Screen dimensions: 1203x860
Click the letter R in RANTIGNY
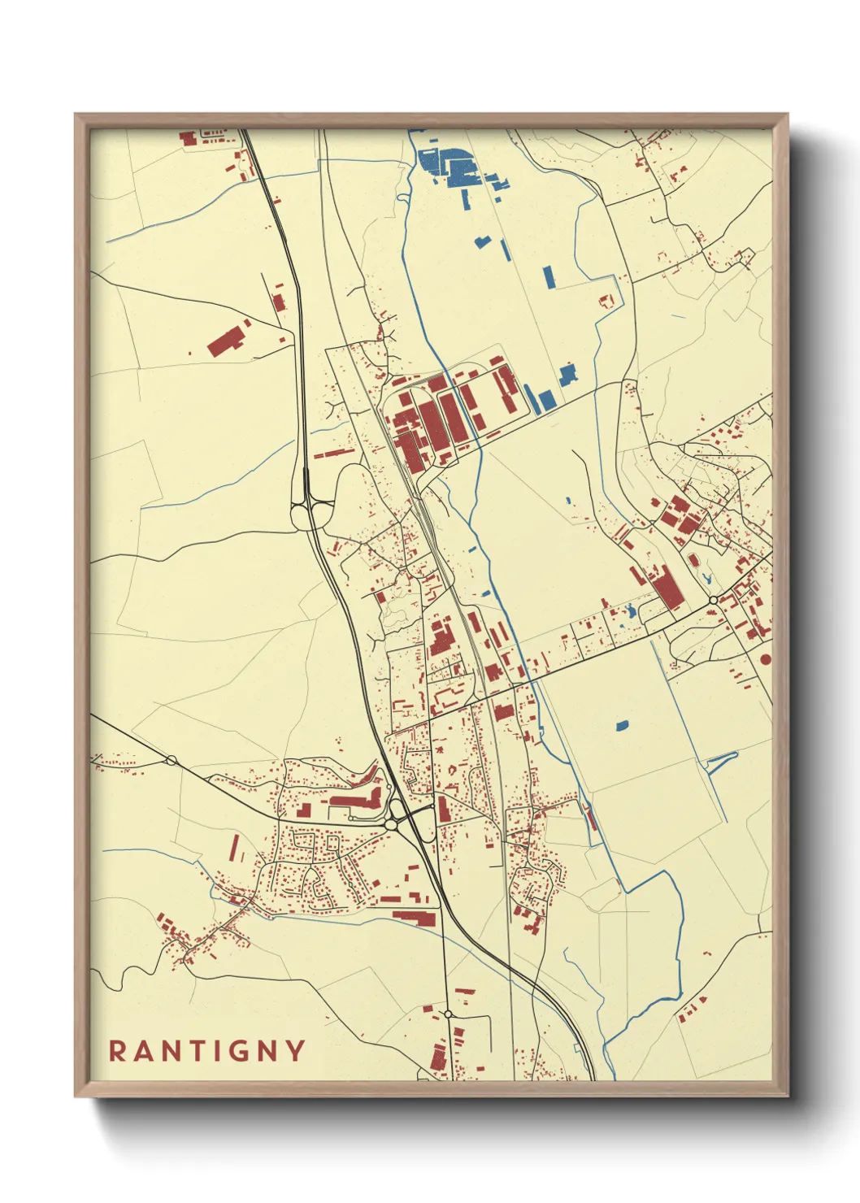point(118,1051)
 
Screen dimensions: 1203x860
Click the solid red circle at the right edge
point(765,658)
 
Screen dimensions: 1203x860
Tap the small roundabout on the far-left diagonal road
point(171,761)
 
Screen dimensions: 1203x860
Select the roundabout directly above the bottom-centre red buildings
point(448,1014)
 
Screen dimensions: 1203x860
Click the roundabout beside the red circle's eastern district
point(713,600)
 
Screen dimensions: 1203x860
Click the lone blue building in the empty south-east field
point(623,725)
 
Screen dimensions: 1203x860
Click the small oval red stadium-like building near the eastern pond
point(693,558)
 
